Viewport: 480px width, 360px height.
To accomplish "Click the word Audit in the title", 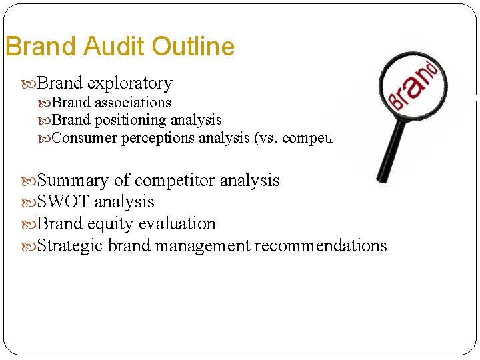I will (x=115, y=47).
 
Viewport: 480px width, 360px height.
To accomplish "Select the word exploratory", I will (x=129, y=83).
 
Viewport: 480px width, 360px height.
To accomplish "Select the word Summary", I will (x=72, y=181).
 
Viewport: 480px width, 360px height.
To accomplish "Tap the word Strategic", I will (x=71, y=246).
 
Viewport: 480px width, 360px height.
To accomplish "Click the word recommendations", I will (x=320, y=246).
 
